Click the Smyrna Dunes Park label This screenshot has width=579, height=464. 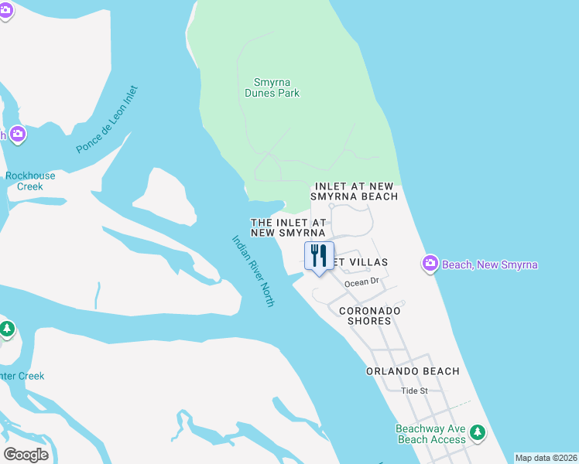coord(276,87)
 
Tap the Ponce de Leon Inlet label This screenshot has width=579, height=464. coord(107,119)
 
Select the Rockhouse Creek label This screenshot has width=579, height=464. coord(30,181)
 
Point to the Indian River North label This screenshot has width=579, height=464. coord(253,271)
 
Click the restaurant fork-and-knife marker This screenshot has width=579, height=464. coord(319,256)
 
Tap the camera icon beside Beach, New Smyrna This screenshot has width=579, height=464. coord(430,264)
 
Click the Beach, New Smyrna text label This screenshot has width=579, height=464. coord(489,265)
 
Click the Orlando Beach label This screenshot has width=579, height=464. coord(413,371)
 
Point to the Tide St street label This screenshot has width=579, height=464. coord(414,391)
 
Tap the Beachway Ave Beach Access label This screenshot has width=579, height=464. coord(430,434)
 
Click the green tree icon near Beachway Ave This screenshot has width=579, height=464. coord(478,432)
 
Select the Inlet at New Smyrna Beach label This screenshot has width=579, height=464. coord(356,192)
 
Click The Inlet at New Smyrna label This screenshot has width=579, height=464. coord(287,227)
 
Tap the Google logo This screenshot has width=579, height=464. coord(26,455)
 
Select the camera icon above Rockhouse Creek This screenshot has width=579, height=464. coord(16,135)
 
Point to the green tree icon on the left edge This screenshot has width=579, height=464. coord(7,329)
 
